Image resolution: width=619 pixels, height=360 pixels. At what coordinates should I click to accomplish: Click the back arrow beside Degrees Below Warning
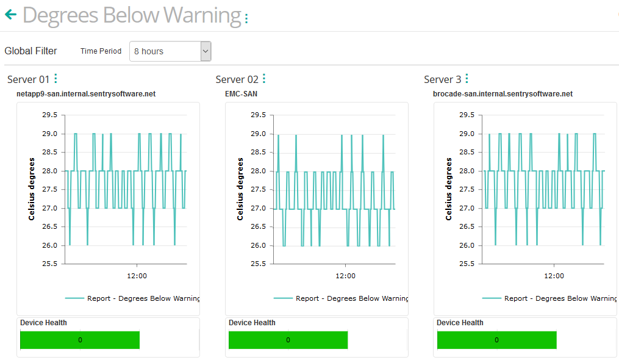pyautogui.click(x=10, y=15)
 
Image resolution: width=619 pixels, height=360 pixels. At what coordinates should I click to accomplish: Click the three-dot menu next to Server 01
pyautogui.click(x=55, y=79)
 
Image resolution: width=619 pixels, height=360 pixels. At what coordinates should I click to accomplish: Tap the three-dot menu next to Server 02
pyautogui.click(x=264, y=79)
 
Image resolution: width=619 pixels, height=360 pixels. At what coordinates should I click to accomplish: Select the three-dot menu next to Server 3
pyautogui.click(x=467, y=79)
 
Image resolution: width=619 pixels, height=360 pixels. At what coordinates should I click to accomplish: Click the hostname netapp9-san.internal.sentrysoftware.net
pyautogui.click(x=86, y=94)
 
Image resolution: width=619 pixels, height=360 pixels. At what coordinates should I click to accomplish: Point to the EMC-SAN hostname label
pyautogui.click(x=242, y=94)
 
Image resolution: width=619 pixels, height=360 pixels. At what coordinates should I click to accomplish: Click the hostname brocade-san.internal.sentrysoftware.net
pyautogui.click(x=503, y=94)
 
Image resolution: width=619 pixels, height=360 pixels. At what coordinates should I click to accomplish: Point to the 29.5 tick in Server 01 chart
pyautogui.click(x=49, y=115)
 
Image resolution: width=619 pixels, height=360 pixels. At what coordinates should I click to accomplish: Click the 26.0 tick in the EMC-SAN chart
pyautogui.click(x=258, y=245)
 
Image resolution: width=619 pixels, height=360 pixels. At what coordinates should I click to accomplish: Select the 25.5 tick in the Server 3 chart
pyautogui.click(x=467, y=264)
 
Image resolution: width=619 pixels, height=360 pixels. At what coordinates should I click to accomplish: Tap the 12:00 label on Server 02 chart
pyautogui.click(x=345, y=276)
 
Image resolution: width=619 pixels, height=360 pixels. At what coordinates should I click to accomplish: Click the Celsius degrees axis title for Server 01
pyautogui.click(x=31, y=189)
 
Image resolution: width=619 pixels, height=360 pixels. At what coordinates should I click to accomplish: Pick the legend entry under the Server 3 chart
pyautogui.click(x=549, y=298)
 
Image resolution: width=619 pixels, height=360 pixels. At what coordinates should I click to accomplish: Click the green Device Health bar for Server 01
pyautogui.click(x=80, y=340)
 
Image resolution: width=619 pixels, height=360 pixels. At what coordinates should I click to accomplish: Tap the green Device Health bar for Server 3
pyautogui.click(x=496, y=340)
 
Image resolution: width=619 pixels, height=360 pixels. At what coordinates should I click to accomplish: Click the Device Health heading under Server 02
pyautogui.click(x=252, y=323)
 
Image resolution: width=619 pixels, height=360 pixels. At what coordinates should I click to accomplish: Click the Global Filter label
pyautogui.click(x=30, y=51)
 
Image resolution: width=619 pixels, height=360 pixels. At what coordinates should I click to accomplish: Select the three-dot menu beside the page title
pyautogui.click(x=246, y=19)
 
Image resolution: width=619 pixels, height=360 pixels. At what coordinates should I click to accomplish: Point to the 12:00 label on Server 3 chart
pyautogui.click(x=554, y=276)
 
